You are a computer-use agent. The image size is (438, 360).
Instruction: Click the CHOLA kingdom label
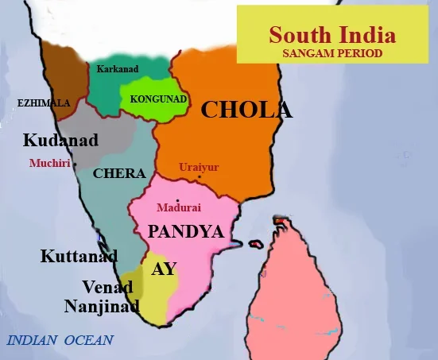point(246,110)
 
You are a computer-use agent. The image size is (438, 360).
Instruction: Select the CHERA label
point(119,173)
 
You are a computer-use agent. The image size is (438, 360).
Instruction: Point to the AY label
point(164,269)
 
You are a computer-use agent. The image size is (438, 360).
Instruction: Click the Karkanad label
point(117,69)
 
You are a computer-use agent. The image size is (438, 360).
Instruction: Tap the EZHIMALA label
point(44,103)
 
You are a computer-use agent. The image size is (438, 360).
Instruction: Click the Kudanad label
point(60,141)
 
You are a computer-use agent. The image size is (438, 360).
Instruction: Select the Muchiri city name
point(48,163)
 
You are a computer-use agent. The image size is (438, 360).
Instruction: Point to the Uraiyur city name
point(198,167)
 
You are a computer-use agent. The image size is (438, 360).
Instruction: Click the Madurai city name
point(179,207)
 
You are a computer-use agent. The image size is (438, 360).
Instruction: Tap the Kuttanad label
point(79,257)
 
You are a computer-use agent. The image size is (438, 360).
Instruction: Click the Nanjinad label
point(102,306)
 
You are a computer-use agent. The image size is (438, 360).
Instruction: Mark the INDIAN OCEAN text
point(60,341)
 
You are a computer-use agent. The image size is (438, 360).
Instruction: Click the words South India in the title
point(331,36)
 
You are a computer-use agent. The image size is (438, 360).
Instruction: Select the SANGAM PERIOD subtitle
point(331,53)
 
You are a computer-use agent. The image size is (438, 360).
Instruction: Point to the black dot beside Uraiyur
point(199,176)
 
